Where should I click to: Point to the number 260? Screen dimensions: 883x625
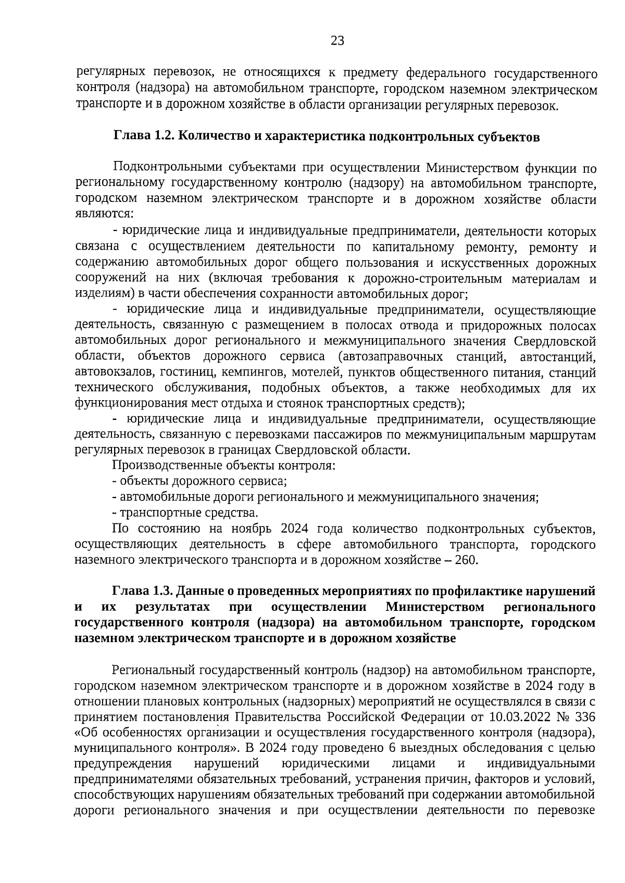466,560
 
